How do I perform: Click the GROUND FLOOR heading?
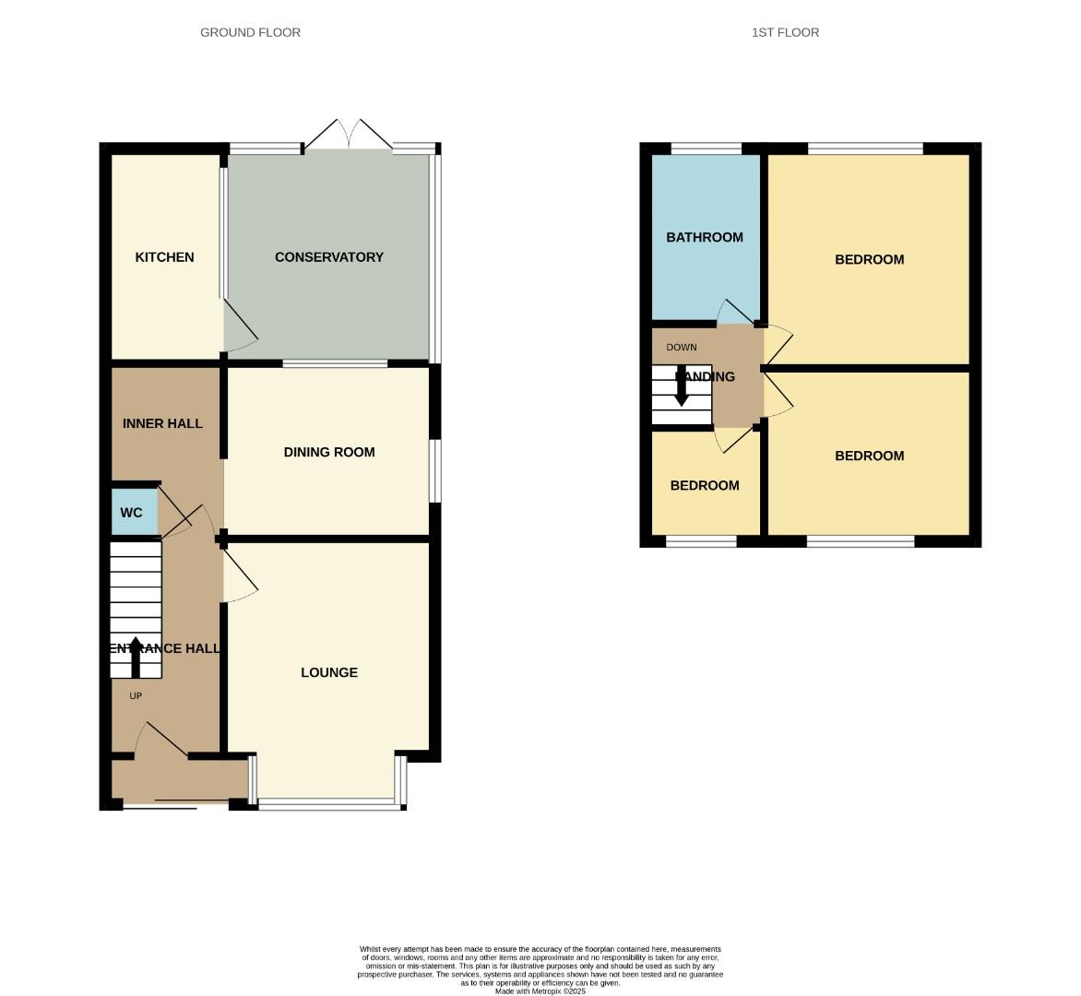[x=250, y=32]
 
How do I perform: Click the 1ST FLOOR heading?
[x=785, y=32]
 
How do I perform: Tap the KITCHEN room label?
[x=164, y=257]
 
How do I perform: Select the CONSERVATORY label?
[x=328, y=257]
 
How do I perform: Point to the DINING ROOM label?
[x=328, y=452]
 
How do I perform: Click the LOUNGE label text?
[x=328, y=672]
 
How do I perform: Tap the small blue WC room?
[x=132, y=513]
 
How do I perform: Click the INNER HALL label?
[x=162, y=423]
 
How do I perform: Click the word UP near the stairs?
[x=136, y=695]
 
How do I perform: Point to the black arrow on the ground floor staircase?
[x=136, y=657]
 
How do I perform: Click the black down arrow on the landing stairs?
[x=682, y=387]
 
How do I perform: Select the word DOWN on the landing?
[x=682, y=348]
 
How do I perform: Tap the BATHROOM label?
[x=704, y=237]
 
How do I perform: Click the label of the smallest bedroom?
[x=704, y=486]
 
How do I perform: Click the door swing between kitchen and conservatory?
[x=240, y=332]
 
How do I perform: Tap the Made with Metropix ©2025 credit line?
[x=540, y=991]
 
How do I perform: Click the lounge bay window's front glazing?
[x=329, y=805]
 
